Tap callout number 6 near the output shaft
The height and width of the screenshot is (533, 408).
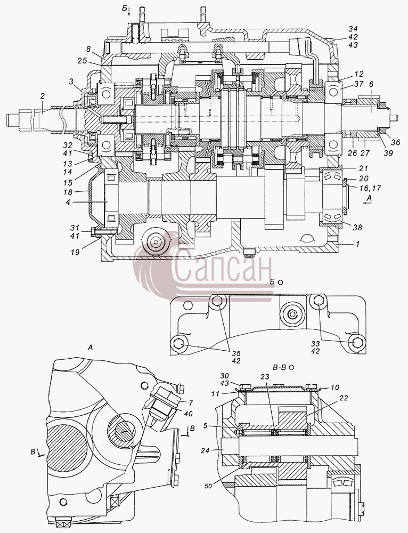click(x=371, y=85)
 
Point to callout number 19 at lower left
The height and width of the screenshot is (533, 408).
click(x=75, y=252)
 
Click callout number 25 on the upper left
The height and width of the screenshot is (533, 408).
click(x=82, y=61)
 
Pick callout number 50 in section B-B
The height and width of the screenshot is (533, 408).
click(x=208, y=486)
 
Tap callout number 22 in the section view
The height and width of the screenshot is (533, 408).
click(x=344, y=398)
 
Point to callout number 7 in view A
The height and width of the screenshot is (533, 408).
click(x=191, y=403)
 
